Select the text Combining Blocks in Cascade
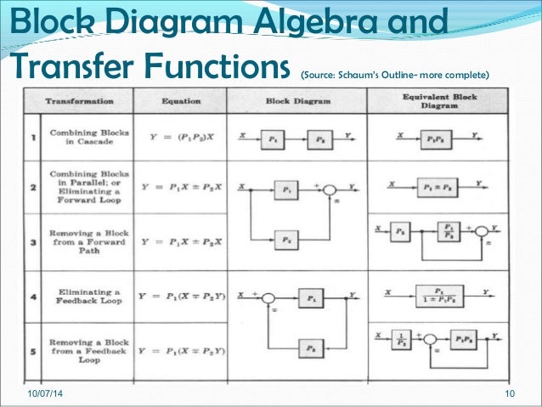pyautogui.click(x=79, y=137)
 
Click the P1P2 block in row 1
pyautogui.click(x=437, y=137)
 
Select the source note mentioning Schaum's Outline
pyautogui.click(x=394, y=72)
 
